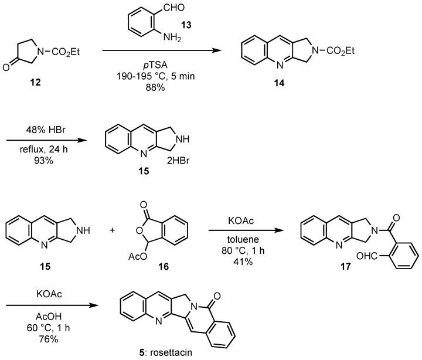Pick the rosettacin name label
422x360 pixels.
[x=184, y=354]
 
